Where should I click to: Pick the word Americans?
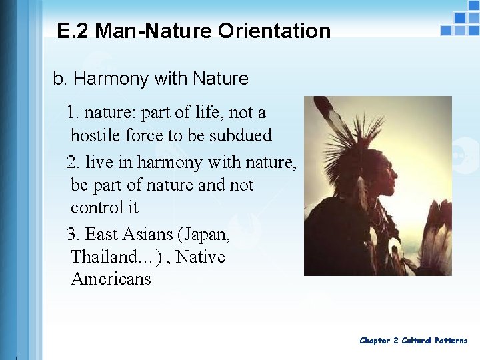(111, 279)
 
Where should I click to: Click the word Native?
(201, 257)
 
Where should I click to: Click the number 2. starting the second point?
(74, 162)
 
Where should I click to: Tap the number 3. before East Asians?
(74, 235)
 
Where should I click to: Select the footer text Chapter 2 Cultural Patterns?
(413, 341)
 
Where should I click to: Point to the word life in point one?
(213, 113)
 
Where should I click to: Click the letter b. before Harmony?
(60, 79)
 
